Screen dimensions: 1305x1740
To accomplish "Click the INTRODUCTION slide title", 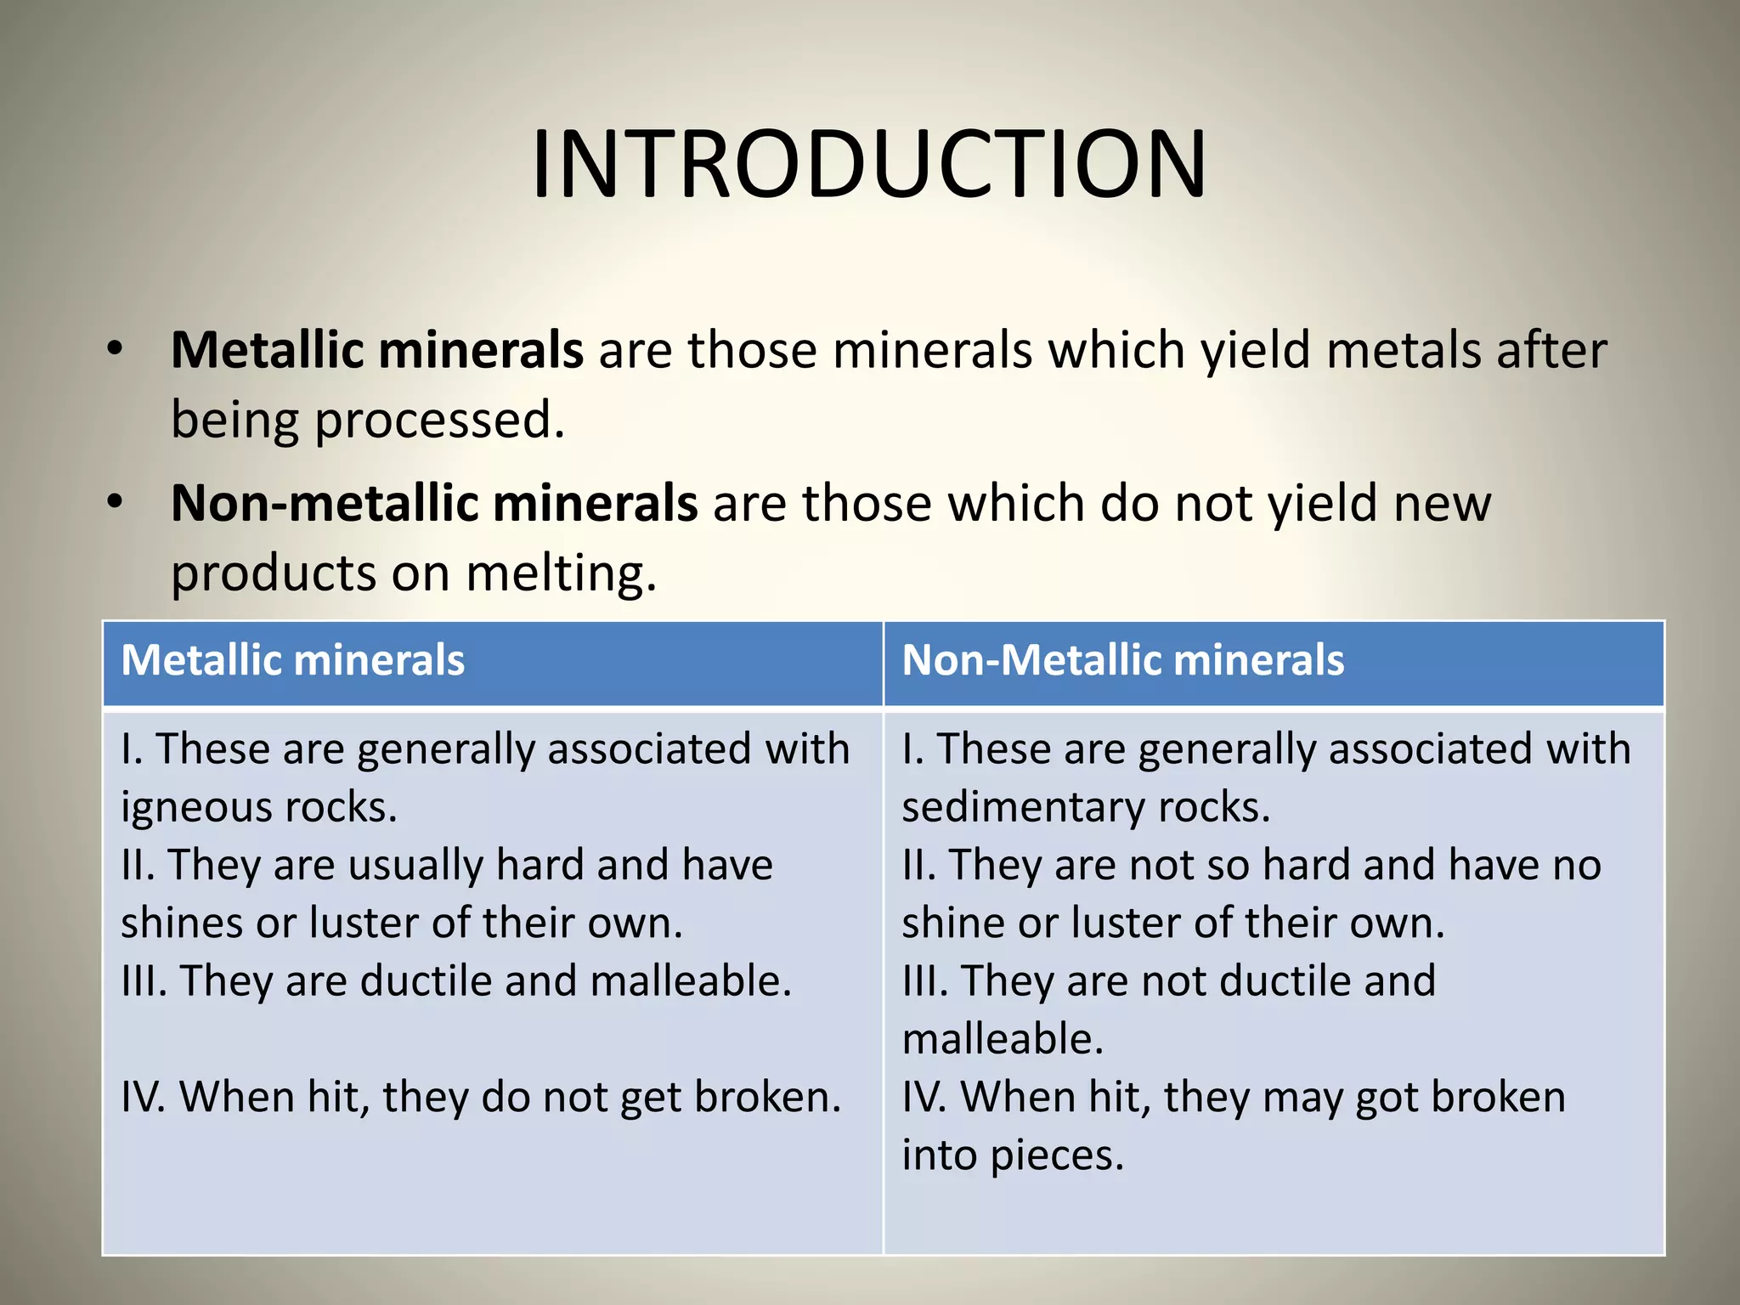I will (868, 165).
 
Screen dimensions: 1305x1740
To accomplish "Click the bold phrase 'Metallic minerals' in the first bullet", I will (377, 350).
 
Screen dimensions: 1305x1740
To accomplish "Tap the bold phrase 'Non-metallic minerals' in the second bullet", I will (434, 503).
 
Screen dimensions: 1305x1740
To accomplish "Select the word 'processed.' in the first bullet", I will (440, 421).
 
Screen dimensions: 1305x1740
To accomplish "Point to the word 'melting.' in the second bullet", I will (562, 573).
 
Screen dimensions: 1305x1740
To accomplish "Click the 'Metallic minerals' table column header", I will (293, 661).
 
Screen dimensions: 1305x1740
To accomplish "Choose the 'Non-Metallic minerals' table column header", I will (1122, 661).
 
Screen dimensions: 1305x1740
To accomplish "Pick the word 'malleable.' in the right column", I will (1003, 1040).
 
